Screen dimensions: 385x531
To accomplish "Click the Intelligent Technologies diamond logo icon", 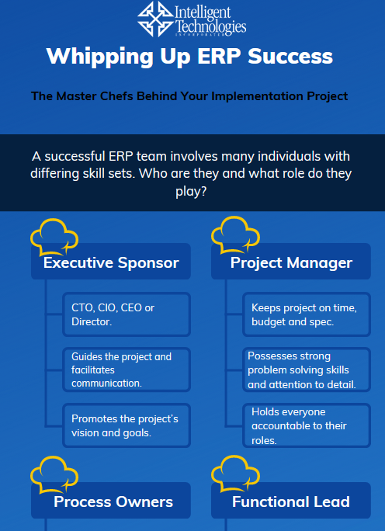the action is pos(156,19).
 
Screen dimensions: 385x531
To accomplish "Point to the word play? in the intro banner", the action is pos(191,191).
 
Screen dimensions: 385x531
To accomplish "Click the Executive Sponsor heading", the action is pos(111,263).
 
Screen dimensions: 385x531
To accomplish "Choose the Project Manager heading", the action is pos(291,263).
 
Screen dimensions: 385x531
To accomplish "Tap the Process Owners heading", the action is pos(113,501).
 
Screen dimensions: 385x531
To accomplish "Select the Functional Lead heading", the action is pos(291,501).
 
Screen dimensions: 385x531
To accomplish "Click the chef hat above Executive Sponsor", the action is pos(54,237).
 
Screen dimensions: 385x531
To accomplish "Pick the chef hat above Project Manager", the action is pos(235,235).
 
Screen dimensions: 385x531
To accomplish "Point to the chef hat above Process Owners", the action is pos(54,475).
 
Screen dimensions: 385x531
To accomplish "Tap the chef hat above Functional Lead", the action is pos(235,474).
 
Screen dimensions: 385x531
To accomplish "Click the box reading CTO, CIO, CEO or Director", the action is pos(127,314).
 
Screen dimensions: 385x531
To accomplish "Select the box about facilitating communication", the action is pos(127,370).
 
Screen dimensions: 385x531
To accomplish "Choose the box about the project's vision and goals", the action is pos(127,425).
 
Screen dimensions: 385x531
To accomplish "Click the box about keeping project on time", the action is pos(307,314).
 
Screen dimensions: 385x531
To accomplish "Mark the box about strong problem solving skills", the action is pos(307,370).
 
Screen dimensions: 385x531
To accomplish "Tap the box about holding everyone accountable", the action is pos(307,425).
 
